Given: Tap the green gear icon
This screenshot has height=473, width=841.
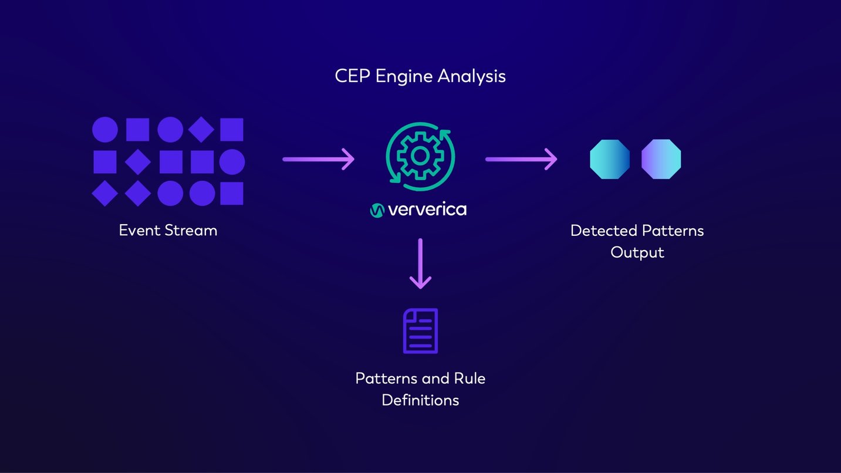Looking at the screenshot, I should click(x=420, y=156).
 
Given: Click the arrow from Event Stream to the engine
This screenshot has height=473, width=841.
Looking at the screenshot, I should click(x=318, y=159).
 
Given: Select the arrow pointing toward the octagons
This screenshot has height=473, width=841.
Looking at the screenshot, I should click(x=521, y=159).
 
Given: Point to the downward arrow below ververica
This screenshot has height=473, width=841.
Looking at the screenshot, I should click(x=420, y=263).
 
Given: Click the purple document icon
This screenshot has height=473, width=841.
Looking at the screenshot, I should click(x=420, y=331).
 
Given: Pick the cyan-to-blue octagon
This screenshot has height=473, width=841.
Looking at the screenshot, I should click(x=610, y=159).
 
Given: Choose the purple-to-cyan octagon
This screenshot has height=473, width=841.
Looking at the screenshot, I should click(x=661, y=159).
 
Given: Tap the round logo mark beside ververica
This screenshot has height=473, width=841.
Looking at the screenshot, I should click(x=377, y=210).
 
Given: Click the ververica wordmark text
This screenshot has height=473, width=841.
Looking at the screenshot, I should click(x=427, y=210).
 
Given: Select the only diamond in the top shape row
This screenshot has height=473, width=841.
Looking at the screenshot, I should click(x=201, y=130).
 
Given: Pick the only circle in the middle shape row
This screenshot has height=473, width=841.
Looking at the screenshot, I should click(x=232, y=162).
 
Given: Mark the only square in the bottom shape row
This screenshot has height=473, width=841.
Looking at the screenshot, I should click(x=232, y=194).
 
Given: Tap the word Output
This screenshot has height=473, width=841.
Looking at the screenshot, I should click(x=637, y=252).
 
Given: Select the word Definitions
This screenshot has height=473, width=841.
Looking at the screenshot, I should click(x=420, y=400).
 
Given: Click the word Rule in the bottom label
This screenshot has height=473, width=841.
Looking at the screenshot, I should click(x=470, y=378).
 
